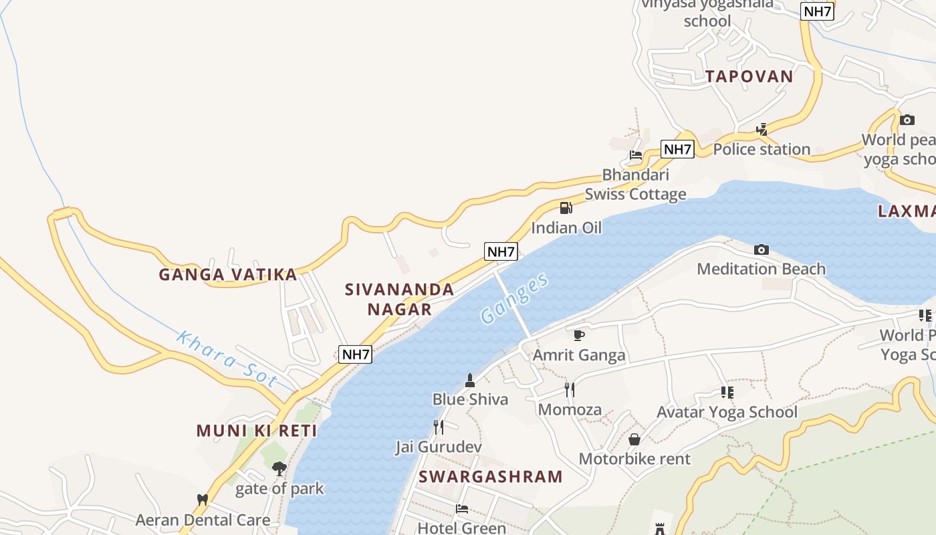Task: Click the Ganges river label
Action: pos(515,298)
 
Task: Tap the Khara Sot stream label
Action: pos(227,359)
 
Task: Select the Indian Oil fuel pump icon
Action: pos(566,207)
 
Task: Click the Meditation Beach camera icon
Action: pos(761,249)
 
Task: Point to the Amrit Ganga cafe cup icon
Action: pos(579,335)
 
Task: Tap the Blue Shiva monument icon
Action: pos(469,381)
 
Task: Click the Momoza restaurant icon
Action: pos(570,389)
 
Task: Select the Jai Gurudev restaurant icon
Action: pos(439,427)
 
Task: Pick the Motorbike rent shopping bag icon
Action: pos(634,439)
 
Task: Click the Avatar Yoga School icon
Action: pos(727,393)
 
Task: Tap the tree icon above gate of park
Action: pos(279,469)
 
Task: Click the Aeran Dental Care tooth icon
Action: pos(203,500)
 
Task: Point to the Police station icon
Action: pos(762,130)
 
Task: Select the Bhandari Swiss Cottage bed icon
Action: pos(635,155)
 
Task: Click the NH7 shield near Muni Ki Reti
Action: pos(355,354)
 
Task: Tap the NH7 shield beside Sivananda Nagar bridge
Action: pos(501,251)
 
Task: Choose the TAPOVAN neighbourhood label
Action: pos(749,76)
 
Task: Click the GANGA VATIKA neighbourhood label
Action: pos(228,274)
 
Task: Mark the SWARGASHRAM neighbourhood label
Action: pos(491,476)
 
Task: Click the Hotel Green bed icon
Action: pos(461,508)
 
